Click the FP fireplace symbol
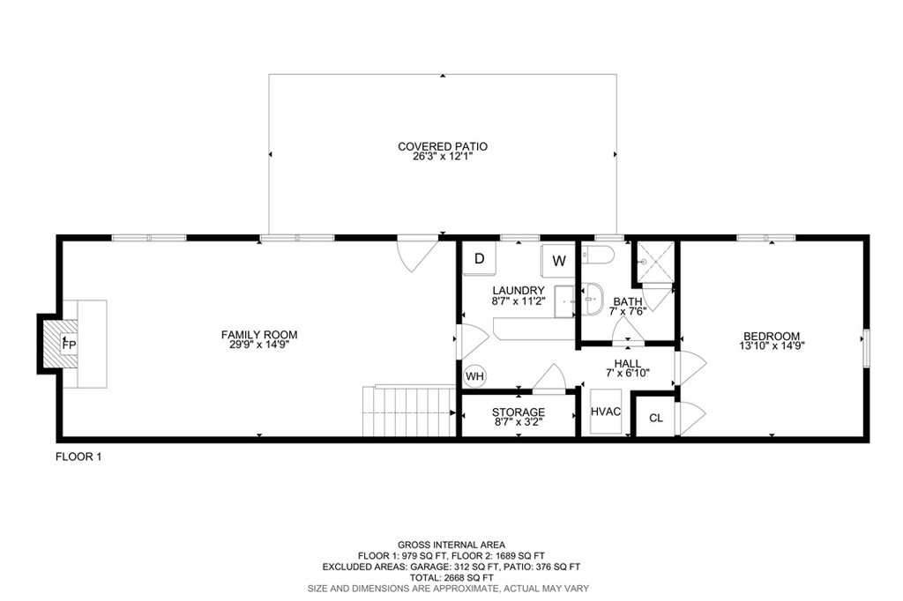point(67,344)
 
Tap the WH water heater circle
point(475,376)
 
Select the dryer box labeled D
point(480,259)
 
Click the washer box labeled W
point(559,261)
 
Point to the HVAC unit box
point(607,412)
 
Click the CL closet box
point(655,418)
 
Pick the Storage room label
point(519,412)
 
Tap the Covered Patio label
point(443,146)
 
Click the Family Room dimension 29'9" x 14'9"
point(259,345)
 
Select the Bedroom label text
point(772,336)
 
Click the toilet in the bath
point(599,256)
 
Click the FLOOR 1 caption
point(79,456)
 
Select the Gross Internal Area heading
point(451,545)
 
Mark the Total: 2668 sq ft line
point(451,577)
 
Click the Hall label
point(628,362)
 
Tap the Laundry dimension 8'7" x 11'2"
point(519,300)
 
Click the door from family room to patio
point(416,254)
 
